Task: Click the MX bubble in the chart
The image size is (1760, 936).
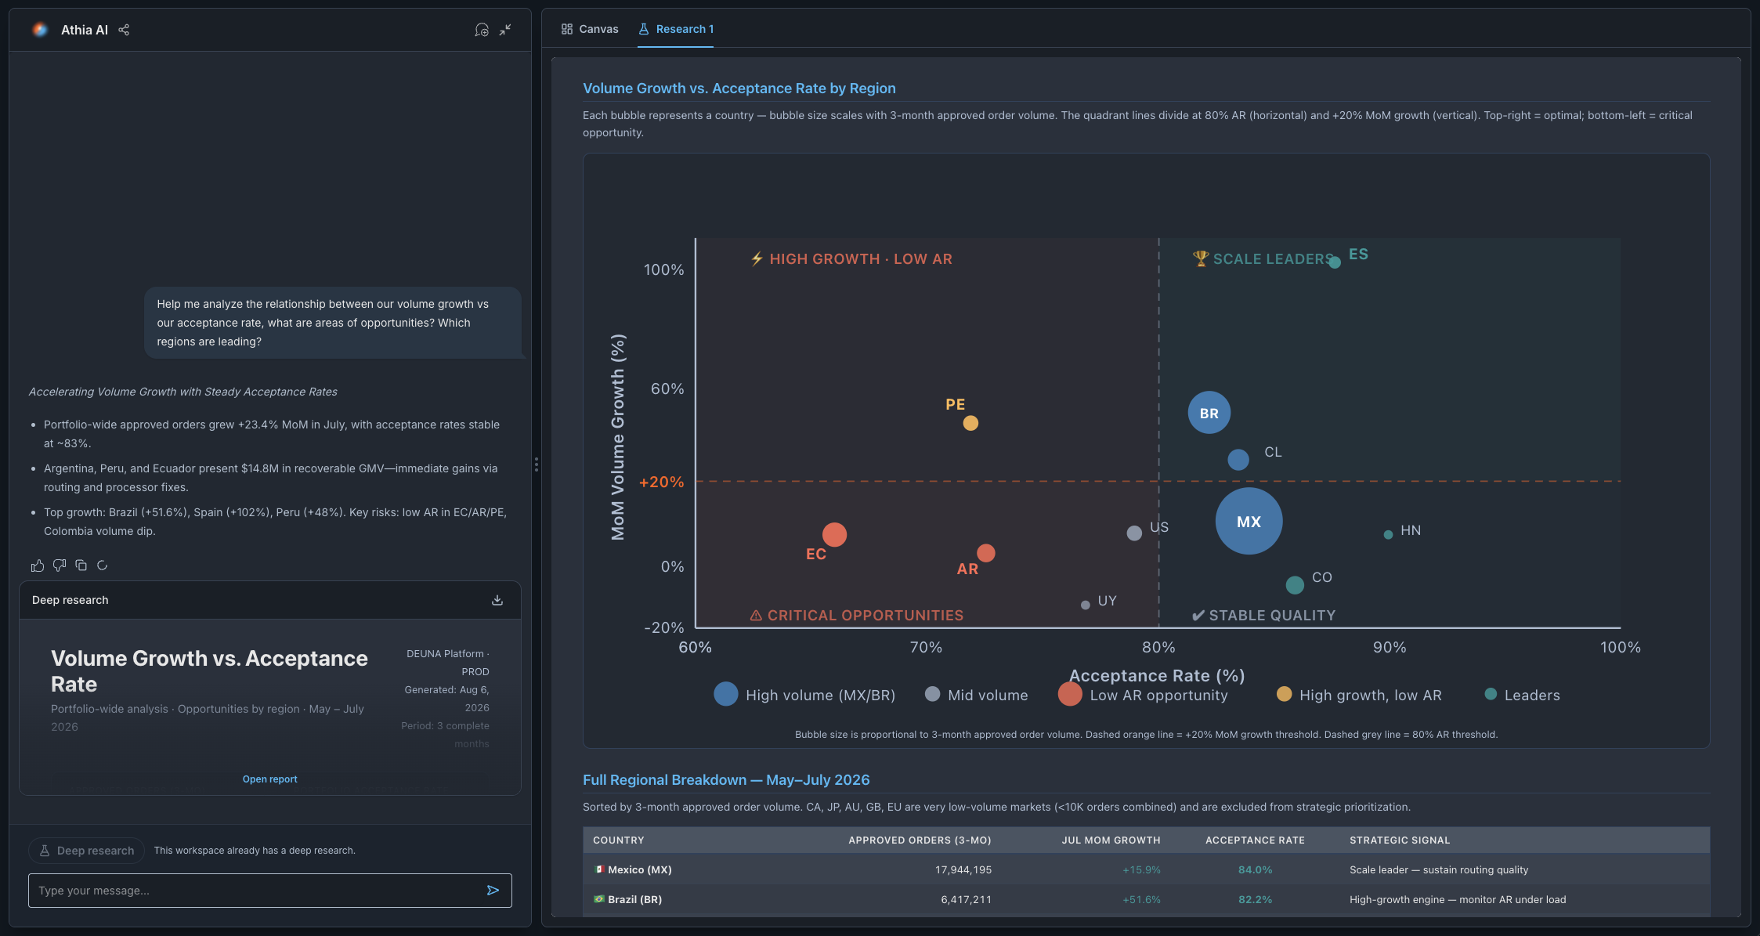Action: click(1249, 522)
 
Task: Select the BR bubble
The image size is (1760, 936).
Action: click(1209, 413)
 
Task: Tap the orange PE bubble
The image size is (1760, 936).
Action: click(970, 423)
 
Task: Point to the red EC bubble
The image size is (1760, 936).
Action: click(834, 535)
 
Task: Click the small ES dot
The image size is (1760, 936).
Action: click(1335, 262)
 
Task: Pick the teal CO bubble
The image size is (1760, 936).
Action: click(1295, 584)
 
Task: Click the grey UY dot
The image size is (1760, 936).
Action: click(1085, 605)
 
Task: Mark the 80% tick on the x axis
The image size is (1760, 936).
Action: click(1158, 648)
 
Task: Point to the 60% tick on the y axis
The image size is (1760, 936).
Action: click(667, 389)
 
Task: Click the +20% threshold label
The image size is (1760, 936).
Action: click(662, 482)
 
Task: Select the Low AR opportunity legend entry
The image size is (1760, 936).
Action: click(1143, 695)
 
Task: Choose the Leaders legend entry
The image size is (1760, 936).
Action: click(1522, 695)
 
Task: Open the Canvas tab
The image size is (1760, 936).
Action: click(590, 29)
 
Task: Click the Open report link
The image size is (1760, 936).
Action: click(270, 779)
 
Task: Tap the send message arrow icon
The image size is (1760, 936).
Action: click(493, 891)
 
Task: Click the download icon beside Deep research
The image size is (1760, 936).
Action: click(497, 600)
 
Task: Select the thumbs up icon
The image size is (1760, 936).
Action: click(37, 566)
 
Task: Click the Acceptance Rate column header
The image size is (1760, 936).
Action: click(1255, 840)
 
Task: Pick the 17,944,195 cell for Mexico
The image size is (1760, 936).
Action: click(963, 870)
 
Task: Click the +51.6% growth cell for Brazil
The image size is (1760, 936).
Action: click(1141, 900)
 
